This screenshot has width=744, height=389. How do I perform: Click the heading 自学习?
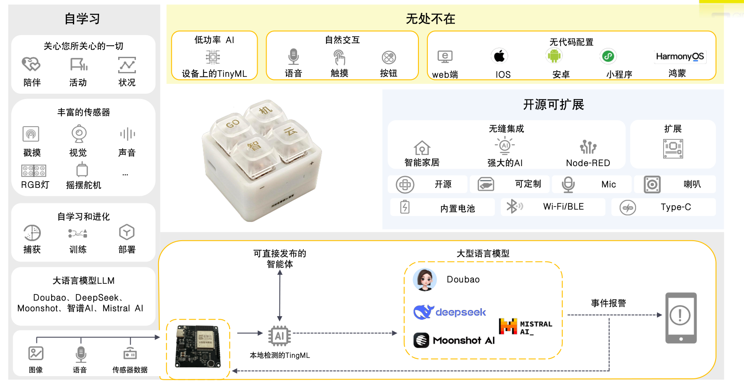pos(82,18)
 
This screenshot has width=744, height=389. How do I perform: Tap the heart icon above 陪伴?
pos(31,64)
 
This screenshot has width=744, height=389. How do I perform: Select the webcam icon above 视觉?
pos(79,134)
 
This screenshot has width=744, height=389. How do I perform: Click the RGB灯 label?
pos(35,185)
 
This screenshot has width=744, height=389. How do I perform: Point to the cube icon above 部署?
pos(127,232)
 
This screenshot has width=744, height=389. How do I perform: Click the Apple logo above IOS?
pos(499,56)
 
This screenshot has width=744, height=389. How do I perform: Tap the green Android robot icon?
pos(554,56)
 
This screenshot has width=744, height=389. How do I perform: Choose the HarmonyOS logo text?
pos(680,56)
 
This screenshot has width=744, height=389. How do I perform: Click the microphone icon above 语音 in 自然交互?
pos(293,56)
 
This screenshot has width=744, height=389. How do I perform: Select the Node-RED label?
pos(588,163)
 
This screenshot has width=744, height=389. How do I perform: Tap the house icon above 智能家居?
pos(422,148)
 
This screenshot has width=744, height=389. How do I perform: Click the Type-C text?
pos(676,207)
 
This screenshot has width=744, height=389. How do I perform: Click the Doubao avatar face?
pos(425,279)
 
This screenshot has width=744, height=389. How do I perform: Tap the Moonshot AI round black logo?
pos(421,340)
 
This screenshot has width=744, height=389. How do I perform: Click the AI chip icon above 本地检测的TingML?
pos(279,336)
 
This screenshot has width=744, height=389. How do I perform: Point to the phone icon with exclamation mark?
pos(680,318)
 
